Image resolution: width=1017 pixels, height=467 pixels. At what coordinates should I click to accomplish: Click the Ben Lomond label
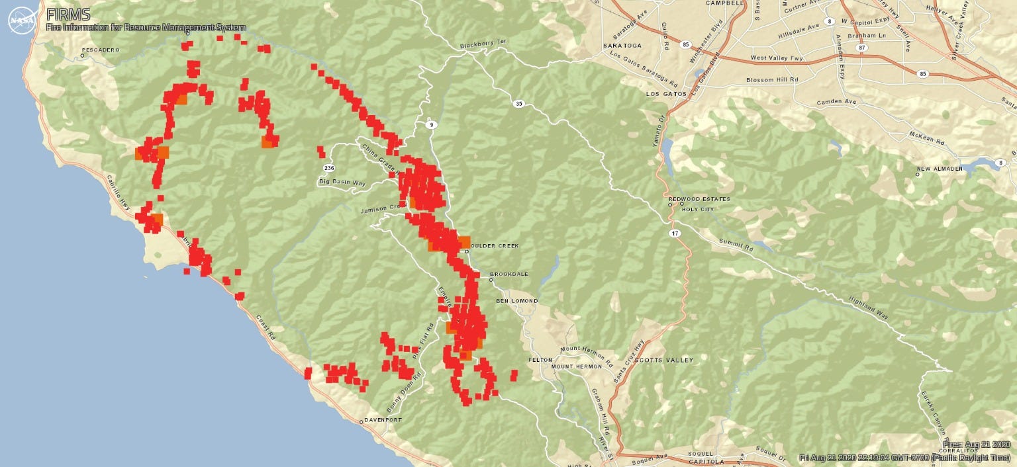[516, 301]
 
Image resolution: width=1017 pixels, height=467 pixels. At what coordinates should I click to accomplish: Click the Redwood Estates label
[699, 198]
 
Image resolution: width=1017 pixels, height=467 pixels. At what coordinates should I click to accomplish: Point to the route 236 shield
[330, 168]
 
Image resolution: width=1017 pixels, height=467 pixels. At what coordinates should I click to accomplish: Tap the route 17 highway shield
[673, 233]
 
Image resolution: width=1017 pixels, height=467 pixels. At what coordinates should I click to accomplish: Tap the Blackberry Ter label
[483, 44]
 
